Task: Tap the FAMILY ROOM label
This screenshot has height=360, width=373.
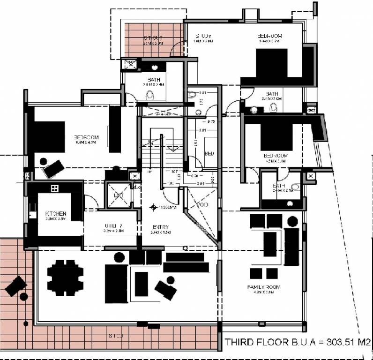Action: point(264,286)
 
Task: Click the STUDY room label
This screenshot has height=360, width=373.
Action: point(202,36)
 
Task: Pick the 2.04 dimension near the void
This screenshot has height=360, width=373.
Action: point(201,184)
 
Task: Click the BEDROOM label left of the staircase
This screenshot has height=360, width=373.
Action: point(86,137)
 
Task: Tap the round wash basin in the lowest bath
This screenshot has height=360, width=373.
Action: point(289,204)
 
